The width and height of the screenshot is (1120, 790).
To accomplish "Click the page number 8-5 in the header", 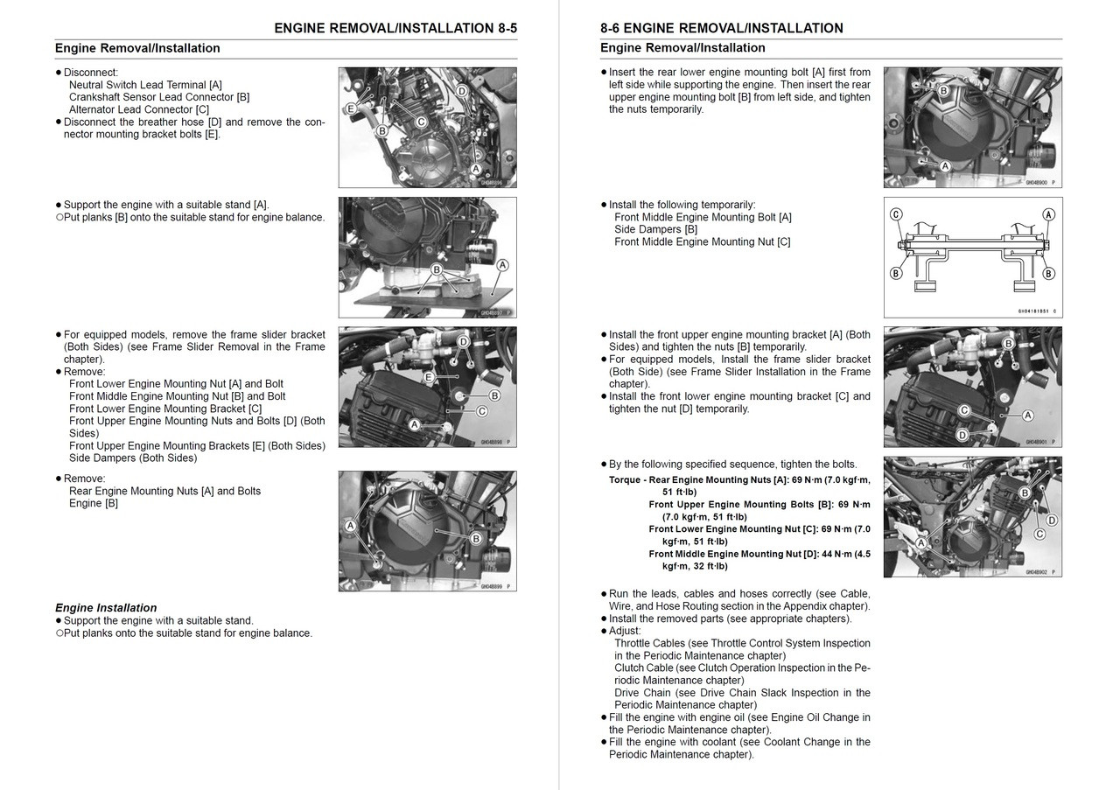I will [502, 28].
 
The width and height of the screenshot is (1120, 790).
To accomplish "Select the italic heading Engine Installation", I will [106, 608].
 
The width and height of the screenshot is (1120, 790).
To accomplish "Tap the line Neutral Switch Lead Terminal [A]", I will [145, 85].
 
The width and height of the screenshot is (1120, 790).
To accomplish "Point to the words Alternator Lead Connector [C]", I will [139, 109].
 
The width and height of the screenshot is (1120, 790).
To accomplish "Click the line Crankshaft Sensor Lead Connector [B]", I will [158, 97].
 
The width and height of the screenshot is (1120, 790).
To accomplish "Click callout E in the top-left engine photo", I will [350, 109].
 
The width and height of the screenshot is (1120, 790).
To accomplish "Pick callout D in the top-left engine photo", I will [462, 91].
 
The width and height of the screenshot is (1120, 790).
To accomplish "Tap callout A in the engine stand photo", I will [502, 265].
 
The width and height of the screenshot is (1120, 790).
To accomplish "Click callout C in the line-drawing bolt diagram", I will [896, 214].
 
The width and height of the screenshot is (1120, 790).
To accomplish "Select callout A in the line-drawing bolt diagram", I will [1048, 214].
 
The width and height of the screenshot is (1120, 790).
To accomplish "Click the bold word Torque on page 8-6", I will [627, 480].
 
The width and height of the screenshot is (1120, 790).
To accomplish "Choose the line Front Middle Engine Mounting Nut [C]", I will [702, 241].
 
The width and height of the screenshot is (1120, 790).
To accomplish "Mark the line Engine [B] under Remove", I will [94, 503].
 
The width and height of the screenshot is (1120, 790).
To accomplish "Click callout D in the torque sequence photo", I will [1051, 521].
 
